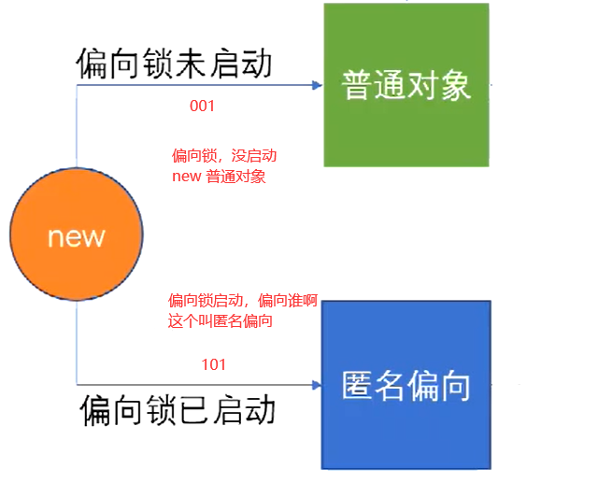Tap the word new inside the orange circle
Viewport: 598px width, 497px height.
click(x=77, y=235)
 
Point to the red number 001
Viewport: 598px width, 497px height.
click(x=202, y=106)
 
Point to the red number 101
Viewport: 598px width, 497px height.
click(x=214, y=364)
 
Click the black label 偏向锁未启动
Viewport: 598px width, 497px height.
click(x=174, y=64)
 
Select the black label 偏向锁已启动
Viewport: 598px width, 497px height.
click(x=178, y=410)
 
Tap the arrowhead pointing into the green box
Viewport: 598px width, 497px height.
click(x=317, y=85)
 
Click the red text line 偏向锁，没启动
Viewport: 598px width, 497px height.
click(x=224, y=155)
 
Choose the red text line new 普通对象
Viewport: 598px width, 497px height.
click(x=219, y=176)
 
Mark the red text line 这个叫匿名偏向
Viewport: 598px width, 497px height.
click(x=225, y=321)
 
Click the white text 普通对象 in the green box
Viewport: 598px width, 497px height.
click(x=406, y=86)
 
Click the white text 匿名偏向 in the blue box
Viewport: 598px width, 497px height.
click(x=406, y=385)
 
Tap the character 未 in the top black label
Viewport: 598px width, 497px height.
click(x=175, y=64)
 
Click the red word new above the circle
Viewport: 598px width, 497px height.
click(x=186, y=176)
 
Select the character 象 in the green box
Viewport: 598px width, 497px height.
click(x=455, y=86)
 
